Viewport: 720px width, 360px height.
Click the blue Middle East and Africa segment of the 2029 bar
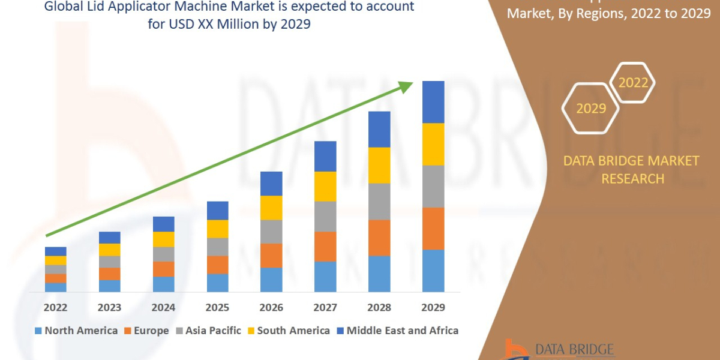coord(433,102)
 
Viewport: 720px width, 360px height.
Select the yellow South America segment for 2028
coord(379,165)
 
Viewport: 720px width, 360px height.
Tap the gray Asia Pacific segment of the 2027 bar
coord(325,216)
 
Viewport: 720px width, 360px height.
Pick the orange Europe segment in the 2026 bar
coord(271,255)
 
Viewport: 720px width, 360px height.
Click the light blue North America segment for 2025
coord(217,283)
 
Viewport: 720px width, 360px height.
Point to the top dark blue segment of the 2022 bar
coord(56,251)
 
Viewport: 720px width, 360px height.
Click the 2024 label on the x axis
coord(163,307)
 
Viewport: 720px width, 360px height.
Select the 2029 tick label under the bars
coord(433,307)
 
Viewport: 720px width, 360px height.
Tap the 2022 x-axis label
coord(56,307)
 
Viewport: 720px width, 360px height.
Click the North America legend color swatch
coord(39,331)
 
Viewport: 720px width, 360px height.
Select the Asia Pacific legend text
coord(213,331)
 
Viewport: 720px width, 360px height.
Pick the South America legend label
coord(293,331)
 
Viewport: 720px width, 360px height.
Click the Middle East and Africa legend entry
coord(402,331)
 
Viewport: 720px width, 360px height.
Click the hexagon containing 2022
coord(633,82)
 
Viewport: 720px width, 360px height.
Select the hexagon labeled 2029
coord(590,108)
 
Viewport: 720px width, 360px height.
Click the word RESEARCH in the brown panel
coord(632,178)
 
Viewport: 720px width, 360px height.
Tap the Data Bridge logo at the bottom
coord(558,349)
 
